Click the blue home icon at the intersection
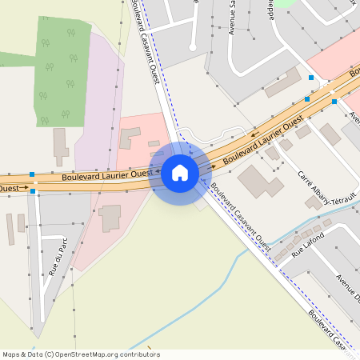(180, 173)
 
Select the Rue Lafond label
(309, 244)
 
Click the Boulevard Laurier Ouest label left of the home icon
(106, 174)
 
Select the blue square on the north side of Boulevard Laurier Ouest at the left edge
(32, 174)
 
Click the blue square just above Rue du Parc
(33, 191)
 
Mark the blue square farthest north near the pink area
(311, 78)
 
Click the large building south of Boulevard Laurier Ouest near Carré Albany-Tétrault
(260, 181)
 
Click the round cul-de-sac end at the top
(193, 48)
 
